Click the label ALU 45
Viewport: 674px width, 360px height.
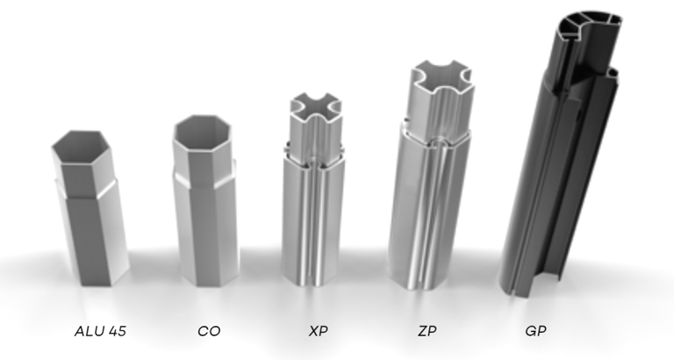coord(100,331)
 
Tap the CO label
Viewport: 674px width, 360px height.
coord(209,331)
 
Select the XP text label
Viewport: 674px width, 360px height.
coord(318,331)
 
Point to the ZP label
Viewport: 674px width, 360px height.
coord(427,331)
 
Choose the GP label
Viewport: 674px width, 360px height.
coord(535,331)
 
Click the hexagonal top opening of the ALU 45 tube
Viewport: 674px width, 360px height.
coord(82,148)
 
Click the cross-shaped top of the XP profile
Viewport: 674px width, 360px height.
coord(316,107)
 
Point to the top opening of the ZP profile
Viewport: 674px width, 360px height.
coord(442,78)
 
